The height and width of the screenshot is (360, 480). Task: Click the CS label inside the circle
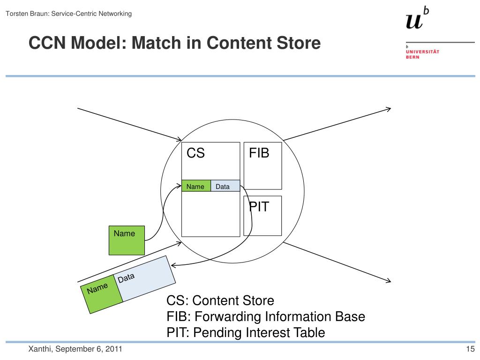tap(195, 153)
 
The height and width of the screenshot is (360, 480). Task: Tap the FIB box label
tap(259, 153)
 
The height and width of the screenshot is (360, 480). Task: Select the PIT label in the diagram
tap(259, 207)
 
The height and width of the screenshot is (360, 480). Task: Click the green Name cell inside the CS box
tap(195, 187)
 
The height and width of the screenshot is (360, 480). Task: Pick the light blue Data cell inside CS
tap(223, 187)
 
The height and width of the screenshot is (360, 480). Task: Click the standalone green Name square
tap(127, 240)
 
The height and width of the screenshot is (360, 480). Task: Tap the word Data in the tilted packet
tap(126, 278)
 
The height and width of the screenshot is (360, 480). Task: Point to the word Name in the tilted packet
tap(97, 288)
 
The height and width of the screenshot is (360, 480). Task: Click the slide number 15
tap(470, 349)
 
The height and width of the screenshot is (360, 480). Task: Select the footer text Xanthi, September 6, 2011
tap(75, 349)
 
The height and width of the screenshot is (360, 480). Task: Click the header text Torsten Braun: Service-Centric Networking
tap(68, 14)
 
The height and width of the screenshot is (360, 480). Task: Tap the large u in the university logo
tap(414, 21)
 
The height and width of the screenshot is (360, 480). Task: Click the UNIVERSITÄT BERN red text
tap(422, 54)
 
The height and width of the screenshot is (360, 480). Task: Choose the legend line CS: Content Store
tap(220, 300)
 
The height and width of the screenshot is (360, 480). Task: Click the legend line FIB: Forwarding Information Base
tap(266, 316)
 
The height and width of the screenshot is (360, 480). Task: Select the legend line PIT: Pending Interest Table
tap(246, 333)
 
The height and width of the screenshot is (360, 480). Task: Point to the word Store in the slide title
tap(298, 44)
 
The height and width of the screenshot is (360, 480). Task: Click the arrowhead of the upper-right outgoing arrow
tap(389, 109)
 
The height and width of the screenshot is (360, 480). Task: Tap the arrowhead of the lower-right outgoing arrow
tap(389, 281)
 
